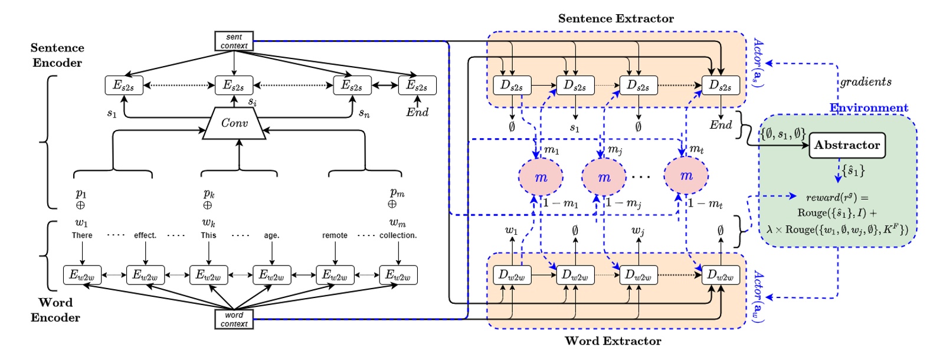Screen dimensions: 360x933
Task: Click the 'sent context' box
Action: pos(234,41)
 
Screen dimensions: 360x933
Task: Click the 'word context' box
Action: pos(234,319)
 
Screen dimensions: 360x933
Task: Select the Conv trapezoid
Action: pos(234,123)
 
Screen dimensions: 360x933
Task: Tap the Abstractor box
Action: pos(846,145)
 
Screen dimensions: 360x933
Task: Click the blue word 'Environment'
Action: pos(869,108)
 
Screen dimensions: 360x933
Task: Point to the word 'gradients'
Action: pos(866,82)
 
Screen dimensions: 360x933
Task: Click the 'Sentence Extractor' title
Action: pos(616,19)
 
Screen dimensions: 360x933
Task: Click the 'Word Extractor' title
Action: pos(613,341)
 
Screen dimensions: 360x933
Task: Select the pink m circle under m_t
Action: pos(686,176)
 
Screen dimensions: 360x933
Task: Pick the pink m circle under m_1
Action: pos(541,177)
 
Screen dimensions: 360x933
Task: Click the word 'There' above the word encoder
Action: pos(82,235)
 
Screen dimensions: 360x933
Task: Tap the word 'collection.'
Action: pos(398,235)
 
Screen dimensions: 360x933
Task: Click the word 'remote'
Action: pos(335,235)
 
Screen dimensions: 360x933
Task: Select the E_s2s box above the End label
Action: pos(417,86)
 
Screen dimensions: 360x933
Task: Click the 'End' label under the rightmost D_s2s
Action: pos(721,125)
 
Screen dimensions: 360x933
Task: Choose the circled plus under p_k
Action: pos(208,205)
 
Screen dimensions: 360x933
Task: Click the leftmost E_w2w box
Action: pos(82,275)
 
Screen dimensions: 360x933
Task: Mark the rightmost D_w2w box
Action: pos(720,275)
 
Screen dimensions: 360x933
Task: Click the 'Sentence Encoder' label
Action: pos(57,55)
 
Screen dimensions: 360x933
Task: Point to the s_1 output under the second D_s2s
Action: pos(575,127)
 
